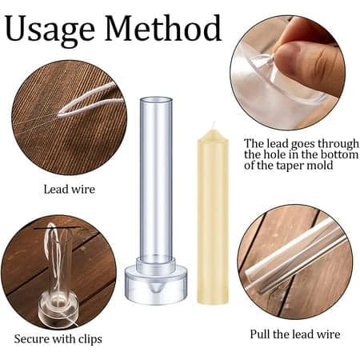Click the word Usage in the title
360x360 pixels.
(x=50, y=30)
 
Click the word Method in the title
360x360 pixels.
(x=163, y=27)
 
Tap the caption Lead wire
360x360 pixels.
(x=70, y=190)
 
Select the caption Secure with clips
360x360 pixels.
(x=58, y=339)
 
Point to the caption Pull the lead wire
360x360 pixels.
(x=295, y=334)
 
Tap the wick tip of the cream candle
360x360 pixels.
(x=213, y=124)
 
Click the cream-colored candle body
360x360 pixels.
(x=213, y=216)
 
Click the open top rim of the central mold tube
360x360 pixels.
(x=156, y=101)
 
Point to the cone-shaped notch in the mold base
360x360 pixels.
(x=157, y=287)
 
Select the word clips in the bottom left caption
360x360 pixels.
(x=90, y=340)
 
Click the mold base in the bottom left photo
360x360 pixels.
(x=58, y=310)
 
